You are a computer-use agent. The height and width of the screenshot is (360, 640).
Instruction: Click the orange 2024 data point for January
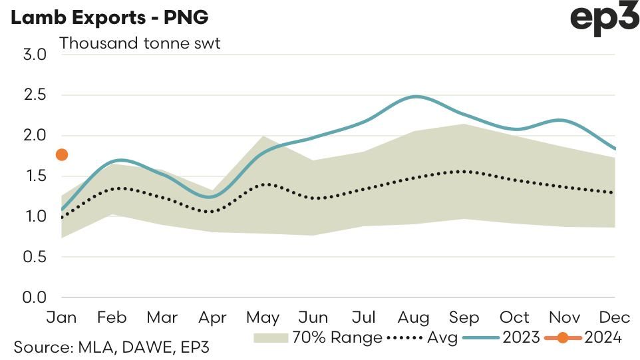(62, 155)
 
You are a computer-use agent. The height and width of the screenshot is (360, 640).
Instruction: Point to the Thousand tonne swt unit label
(140, 44)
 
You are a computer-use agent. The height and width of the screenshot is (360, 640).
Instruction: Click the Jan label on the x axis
(62, 317)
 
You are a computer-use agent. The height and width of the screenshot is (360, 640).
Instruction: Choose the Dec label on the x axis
(615, 317)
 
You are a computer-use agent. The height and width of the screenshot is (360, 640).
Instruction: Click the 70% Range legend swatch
(271, 338)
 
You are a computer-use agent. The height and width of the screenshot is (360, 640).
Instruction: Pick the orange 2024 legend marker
(563, 338)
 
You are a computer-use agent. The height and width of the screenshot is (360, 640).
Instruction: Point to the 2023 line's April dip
(211, 197)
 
